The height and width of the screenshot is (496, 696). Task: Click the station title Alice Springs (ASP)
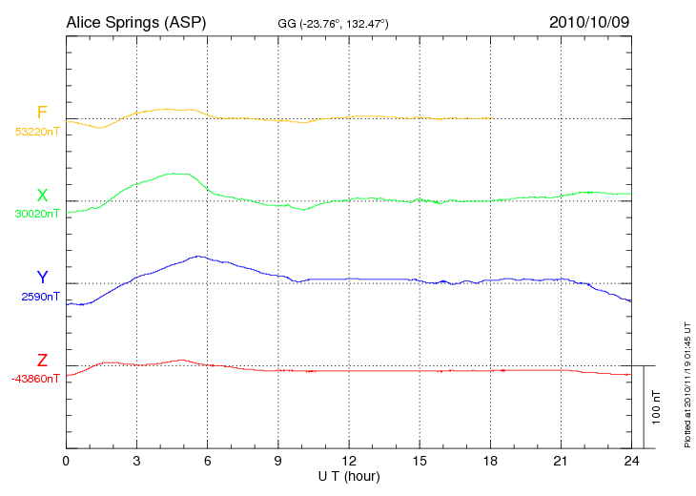pyautogui.click(x=135, y=21)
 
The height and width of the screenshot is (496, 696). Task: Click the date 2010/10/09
pyautogui.click(x=588, y=21)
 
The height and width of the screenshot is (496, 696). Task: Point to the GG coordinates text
pyautogui.click(x=333, y=23)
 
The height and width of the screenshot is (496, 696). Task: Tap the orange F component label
pyautogui.click(x=42, y=114)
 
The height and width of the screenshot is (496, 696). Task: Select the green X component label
pyautogui.click(x=42, y=196)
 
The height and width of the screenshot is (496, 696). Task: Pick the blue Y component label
pyautogui.click(x=42, y=278)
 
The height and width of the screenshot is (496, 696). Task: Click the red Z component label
pyautogui.click(x=42, y=361)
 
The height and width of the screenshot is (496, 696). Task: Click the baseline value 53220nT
pyautogui.click(x=37, y=132)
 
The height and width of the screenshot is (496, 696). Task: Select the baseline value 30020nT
pyautogui.click(x=37, y=214)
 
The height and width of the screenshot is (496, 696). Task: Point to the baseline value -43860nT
pyautogui.click(x=35, y=379)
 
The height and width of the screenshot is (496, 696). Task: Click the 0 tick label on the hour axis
pyautogui.click(x=66, y=462)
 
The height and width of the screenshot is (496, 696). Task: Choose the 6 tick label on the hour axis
pyautogui.click(x=207, y=462)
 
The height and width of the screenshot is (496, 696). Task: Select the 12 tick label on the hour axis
pyautogui.click(x=348, y=462)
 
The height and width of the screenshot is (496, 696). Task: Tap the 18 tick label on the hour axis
pyautogui.click(x=490, y=462)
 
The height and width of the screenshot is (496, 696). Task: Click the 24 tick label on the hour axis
pyautogui.click(x=631, y=462)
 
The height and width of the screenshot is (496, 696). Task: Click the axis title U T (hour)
pyautogui.click(x=348, y=475)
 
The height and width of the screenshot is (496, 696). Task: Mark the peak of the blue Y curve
pyautogui.click(x=198, y=256)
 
